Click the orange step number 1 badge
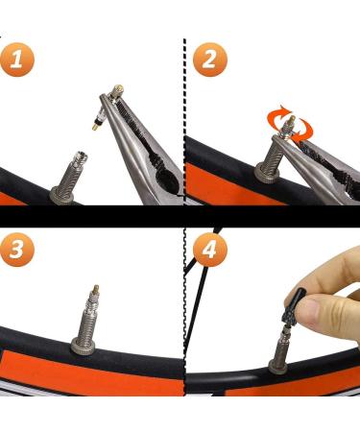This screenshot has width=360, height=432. tap(16, 60)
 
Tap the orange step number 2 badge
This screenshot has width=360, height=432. tap(210, 60)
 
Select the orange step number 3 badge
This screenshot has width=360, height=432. tap(16, 250)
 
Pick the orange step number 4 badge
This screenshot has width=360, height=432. tap(210, 250)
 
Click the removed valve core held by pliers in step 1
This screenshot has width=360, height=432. tap(107, 108)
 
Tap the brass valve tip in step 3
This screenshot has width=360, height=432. tap(95, 290)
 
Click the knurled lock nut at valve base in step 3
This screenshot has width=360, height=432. tap(83, 345)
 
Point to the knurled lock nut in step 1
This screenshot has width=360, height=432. tap(62, 195)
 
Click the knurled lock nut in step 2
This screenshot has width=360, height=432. tap(267, 173)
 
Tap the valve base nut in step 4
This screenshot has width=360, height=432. tap(276, 365)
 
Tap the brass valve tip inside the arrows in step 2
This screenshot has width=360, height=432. tap(291, 122)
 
